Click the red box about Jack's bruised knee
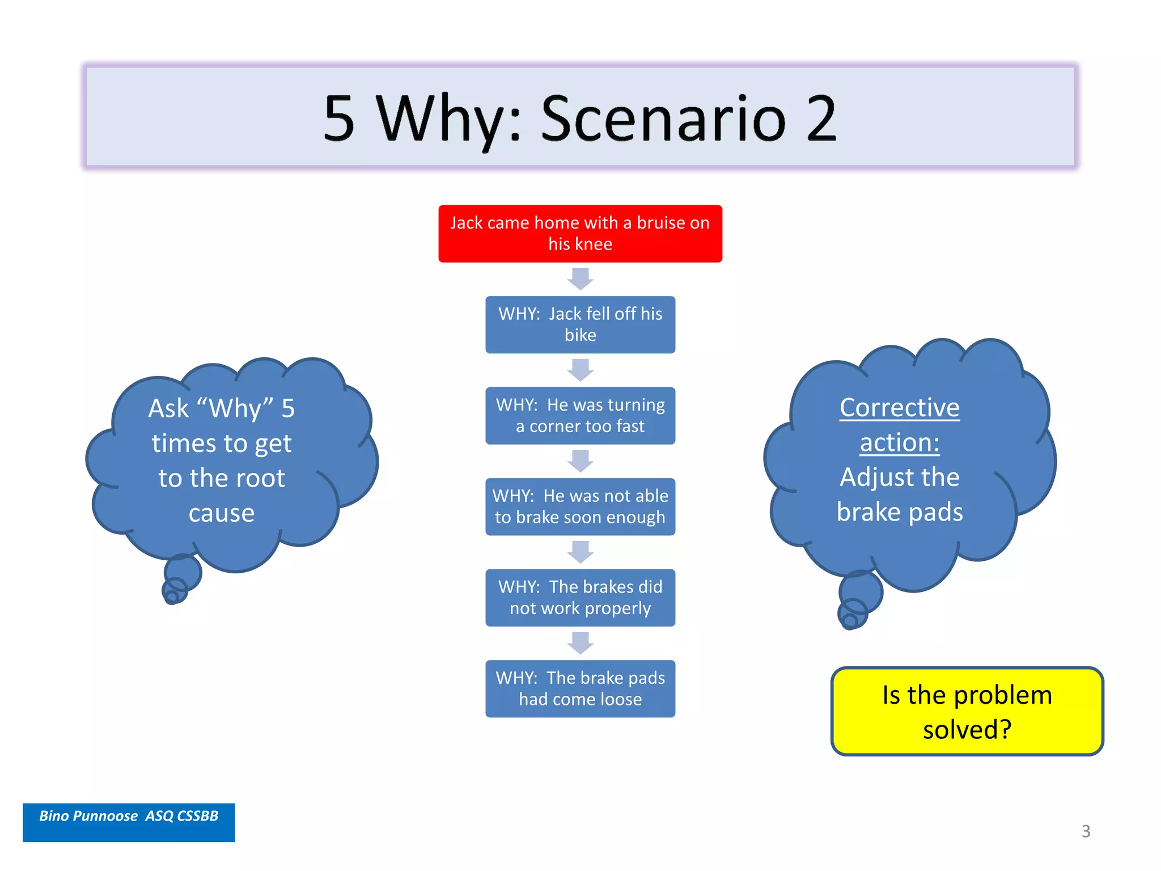point(580,234)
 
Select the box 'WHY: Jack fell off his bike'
point(580,324)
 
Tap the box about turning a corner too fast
point(580,416)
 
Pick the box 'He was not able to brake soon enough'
point(580,506)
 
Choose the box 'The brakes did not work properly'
point(580,598)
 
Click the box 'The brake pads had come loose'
point(580,688)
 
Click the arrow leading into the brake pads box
point(580,643)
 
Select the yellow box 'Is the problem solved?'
point(967,711)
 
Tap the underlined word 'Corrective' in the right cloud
point(899,408)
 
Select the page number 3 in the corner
point(1086,831)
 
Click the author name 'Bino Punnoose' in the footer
point(88,816)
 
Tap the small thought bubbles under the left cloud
point(179,581)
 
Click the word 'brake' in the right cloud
point(868,512)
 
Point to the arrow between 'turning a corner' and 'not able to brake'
point(580,461)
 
